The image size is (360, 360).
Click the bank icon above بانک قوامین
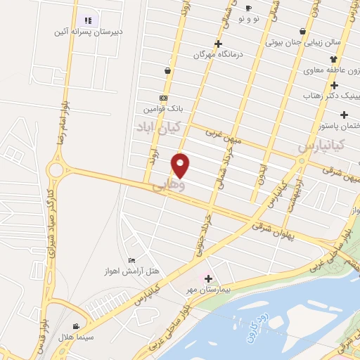coord(164,98)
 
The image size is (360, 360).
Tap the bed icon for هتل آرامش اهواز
coord(132,261)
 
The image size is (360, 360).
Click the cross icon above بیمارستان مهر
coord(208,278)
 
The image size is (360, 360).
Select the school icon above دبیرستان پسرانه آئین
coord(88,20)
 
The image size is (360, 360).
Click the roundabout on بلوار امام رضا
coord(56,170)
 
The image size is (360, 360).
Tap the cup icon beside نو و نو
coord(248,8)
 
